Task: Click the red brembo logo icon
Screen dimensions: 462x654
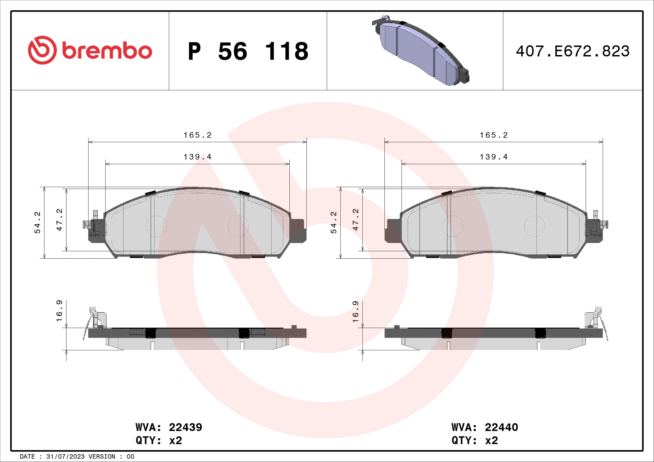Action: click(x=42, y=50)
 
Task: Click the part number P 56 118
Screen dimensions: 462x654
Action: click(x=248, y=51)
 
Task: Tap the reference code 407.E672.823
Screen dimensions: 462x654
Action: click(x=573, y=51)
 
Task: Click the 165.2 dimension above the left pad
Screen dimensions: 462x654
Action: click(x=197, y=135)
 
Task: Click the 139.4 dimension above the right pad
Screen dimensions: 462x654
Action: click(x=494, y=157)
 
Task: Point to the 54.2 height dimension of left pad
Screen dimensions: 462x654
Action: click(x=37, y=222)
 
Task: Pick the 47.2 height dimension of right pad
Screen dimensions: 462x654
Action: click(x=356, y=220)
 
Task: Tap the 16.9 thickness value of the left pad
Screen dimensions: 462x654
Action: click(x=59, y=311)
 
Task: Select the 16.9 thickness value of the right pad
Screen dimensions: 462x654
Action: click(x=356, y=311)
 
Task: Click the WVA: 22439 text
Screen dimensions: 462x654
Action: click(x=169, y=427)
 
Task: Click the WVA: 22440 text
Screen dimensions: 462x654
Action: click(x=485, y=427)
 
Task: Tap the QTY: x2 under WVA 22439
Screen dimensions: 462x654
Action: click(x=159, y=440)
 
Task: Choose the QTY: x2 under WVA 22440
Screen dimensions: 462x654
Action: click(x=474, y=440)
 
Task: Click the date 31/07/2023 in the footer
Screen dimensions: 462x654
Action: click(x=65, y=457)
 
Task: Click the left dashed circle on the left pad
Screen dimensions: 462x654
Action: click(x=156, y=226)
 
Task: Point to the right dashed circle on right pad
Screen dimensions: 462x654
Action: click(x=534, y=226)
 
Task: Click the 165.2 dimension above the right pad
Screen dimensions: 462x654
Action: click(x=494, y=135)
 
